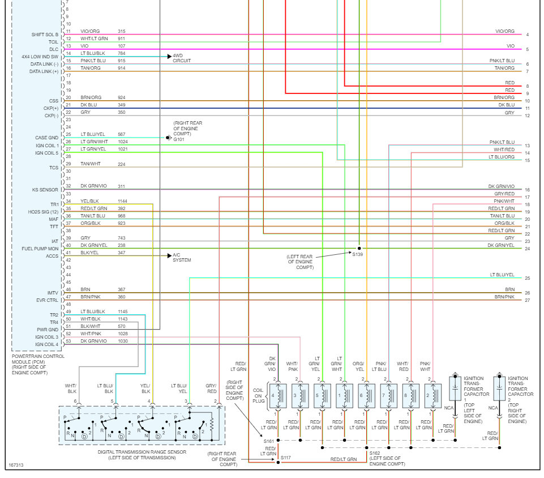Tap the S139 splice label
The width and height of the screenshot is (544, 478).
pos(358,255)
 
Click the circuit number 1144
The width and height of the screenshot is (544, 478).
pos(123,201)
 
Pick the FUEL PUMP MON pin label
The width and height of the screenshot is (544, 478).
pos(40,249)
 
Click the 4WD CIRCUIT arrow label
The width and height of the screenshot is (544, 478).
pos(182,58)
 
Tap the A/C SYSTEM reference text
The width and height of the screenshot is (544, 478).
pos(182,258)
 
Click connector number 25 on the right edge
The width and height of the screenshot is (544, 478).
pos(527,278)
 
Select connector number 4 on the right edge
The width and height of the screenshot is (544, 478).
pos(527,35)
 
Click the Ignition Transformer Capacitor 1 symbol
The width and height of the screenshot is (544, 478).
pos(454,391)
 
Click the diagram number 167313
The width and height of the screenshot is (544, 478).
pos(16,466)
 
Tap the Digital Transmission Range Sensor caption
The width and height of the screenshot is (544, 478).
pos(142,454)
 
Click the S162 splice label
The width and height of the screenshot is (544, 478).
pos(375,453)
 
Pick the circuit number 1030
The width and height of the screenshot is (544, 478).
pos(123,340)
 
